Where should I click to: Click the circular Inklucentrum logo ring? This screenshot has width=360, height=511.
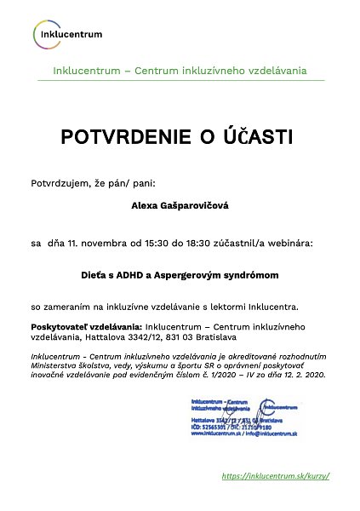click(x=45, y=34)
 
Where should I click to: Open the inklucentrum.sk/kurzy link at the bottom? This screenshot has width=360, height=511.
click(x=274, y=476)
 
